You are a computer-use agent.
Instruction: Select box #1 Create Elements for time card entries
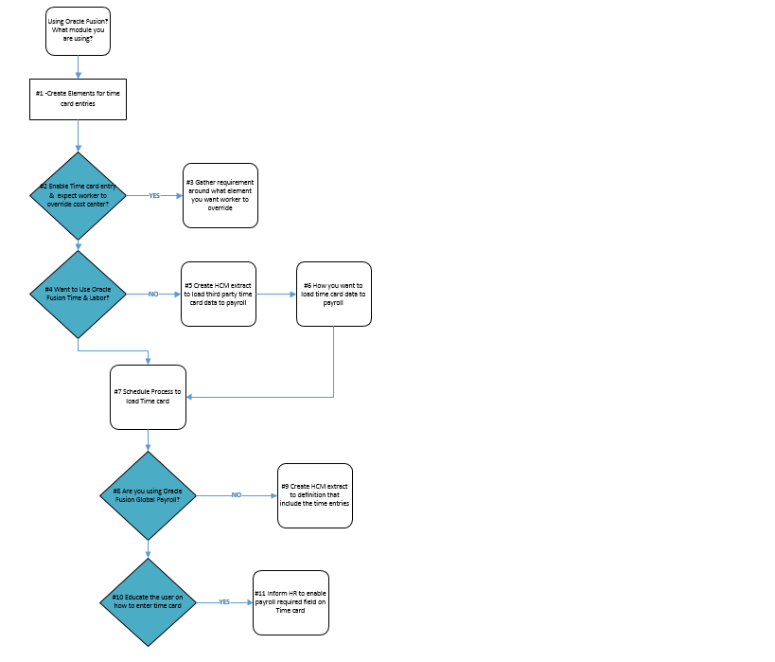coord(78,98)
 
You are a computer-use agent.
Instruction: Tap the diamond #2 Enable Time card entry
coord(78,195)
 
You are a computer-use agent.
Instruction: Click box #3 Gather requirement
coord(220,195)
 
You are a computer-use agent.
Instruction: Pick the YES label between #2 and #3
coord(154,195)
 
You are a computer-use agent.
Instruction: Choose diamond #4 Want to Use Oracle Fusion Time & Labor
coord(78,295)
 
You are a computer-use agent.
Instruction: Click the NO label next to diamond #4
coord(153,295)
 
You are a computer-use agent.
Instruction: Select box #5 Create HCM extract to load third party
coord(219,295)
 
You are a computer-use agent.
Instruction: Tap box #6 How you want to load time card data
coord(333,295)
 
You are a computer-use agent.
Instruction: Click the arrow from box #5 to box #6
coord(276,295)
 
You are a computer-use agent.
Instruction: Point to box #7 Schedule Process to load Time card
coord(148,396)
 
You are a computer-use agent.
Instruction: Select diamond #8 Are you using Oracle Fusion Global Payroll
coord(148,494)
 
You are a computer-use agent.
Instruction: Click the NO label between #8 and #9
coord(237,494)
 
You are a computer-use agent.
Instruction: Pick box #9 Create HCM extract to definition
coord(315,495)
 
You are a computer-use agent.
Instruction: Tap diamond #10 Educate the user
coord(148,602)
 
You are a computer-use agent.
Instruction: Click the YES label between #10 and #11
coord(224,602)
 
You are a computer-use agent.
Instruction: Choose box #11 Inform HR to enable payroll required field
coord(291,602)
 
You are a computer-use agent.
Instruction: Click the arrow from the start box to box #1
coord(78,66)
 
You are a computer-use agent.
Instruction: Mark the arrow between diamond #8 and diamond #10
coord(148,547)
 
